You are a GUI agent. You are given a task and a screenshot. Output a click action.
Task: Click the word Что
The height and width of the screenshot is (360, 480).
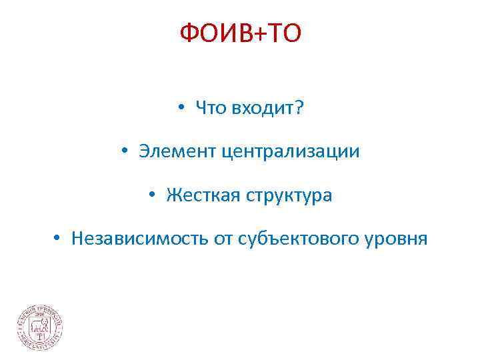[x=211, y=108]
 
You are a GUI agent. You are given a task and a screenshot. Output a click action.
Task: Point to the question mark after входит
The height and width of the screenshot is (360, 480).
[x=297, y=108]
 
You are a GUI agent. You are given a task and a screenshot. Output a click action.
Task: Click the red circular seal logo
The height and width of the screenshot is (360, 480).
[x=40, y=327]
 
